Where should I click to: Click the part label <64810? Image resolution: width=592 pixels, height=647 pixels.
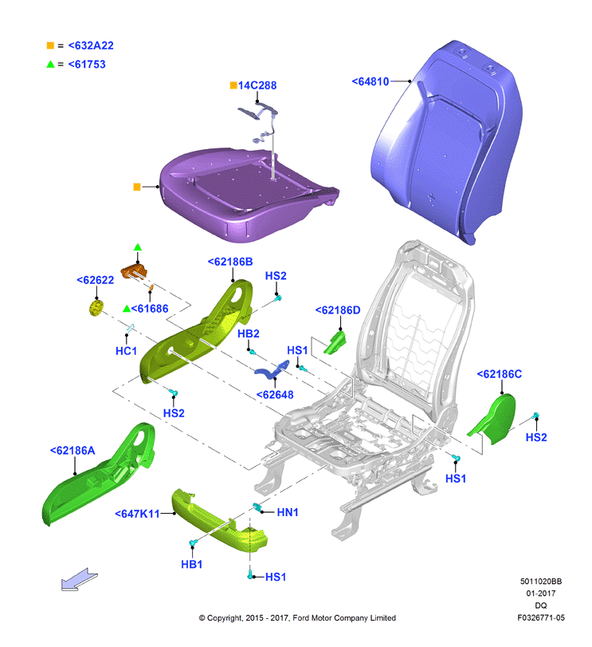(x=370, y=81)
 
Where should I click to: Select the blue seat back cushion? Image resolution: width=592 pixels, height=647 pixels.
(x=447, y=142)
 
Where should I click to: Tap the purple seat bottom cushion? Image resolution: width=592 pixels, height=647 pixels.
(x=247, y=194)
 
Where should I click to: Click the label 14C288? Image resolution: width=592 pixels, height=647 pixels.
(x=257, y=85)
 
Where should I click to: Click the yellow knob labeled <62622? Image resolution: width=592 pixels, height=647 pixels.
(x=96, y=308)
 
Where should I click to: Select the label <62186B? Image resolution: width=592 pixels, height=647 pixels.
(x=230, y=262)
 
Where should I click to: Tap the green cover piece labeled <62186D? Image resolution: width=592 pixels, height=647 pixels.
(x=335, y=342)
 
